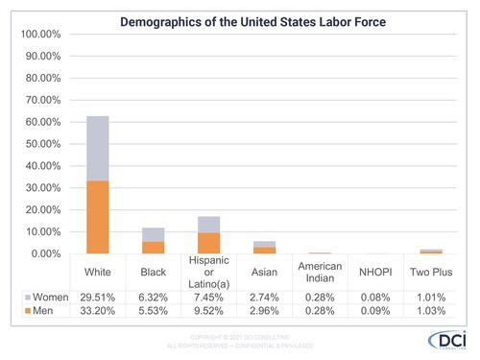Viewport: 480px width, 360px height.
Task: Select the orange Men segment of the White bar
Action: click(97, 217)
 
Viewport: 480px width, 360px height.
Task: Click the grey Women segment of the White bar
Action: click(97, 148)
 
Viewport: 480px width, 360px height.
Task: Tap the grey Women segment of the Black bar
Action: click(153, 234)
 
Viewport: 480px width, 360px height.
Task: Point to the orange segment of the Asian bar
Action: click(264, 250)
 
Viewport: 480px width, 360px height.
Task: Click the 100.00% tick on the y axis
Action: click(41, 35)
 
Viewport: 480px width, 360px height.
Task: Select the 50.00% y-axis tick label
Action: click(41, 144)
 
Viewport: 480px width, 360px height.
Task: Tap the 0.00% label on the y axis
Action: click(44, 253)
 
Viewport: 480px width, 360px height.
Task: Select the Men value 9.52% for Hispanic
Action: click(208, 313)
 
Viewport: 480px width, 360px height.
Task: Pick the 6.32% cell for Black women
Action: click(153, 298)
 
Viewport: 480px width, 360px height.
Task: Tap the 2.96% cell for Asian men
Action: click(264, 313)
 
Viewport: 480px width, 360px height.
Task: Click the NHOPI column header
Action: click(375, 273)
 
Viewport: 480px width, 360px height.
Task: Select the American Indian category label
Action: click(320, 273)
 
